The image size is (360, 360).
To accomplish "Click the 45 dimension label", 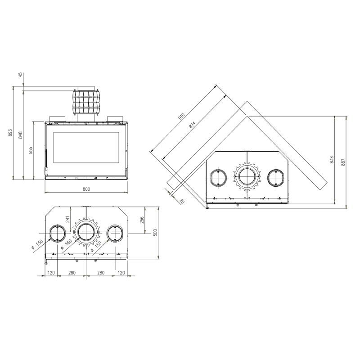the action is (21, 75).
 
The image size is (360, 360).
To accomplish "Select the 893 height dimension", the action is (10, 133).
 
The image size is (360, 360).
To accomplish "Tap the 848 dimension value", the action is (20, 135).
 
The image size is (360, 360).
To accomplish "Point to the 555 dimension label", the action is (31, 150).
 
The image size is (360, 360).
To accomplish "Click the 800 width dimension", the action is (86, 189).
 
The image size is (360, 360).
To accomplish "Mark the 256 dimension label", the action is (142, 220).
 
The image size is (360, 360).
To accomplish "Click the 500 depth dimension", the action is (155, 233).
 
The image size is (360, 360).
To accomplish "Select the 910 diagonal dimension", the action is (181, 117).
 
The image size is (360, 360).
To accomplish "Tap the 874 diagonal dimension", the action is (193, 125).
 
